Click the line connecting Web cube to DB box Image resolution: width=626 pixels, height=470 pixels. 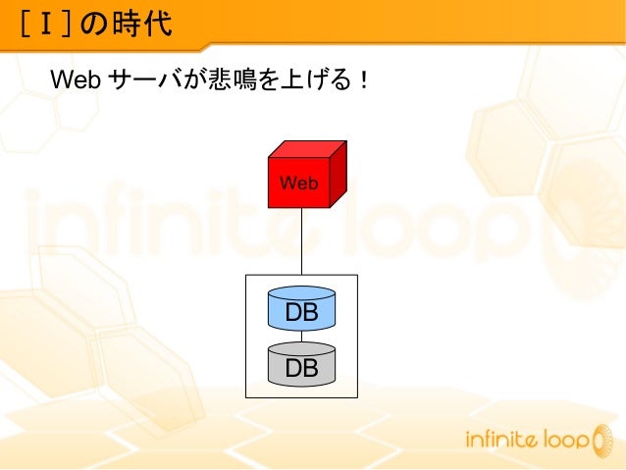click(x=301, y=241)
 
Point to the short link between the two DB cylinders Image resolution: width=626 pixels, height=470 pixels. click(x=301, y=337)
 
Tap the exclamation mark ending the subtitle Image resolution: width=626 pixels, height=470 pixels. click(x=364, y=78)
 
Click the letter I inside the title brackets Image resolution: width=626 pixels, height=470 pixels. click(x=46, y=23)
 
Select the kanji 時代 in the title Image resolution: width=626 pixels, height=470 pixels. click(x=147, y=23)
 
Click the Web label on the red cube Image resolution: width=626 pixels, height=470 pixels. click(x=298, y=183)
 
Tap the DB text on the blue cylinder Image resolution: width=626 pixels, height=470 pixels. click(x=301, y=314)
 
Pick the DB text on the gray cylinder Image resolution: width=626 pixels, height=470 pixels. click(x=301, y=368)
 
